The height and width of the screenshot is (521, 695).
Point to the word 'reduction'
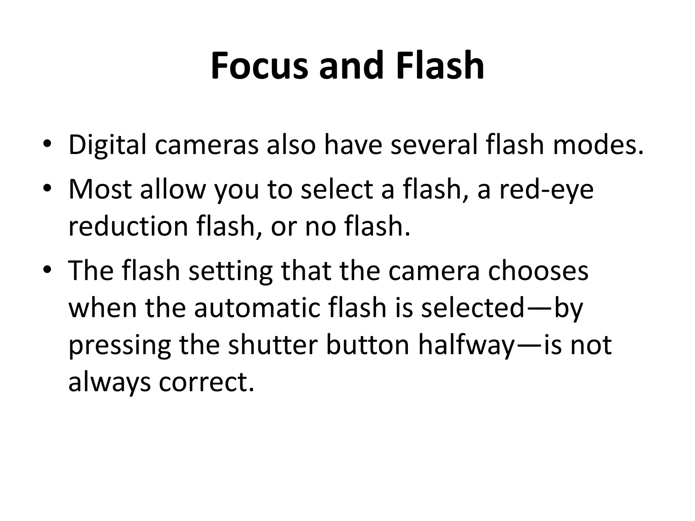pos(128,227)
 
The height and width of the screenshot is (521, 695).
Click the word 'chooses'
pos(538,271)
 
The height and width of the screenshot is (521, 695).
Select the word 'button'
pos(368,345)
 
